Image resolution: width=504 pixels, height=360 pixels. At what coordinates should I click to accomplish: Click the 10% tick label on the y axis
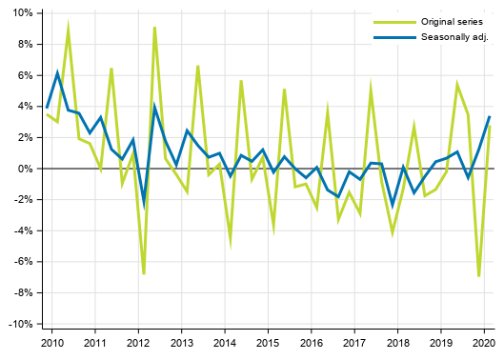23,13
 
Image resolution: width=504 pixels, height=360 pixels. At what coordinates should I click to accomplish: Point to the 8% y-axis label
26,44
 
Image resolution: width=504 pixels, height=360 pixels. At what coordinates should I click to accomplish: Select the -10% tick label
21,324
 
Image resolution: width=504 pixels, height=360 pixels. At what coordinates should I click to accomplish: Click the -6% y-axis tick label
24,262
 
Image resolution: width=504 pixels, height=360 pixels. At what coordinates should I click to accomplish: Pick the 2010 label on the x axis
51,342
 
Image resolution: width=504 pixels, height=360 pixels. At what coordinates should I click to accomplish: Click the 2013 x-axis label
181,342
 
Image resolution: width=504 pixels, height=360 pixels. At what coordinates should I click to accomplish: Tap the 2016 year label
311,342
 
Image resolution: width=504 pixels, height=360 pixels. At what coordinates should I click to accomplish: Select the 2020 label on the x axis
484,342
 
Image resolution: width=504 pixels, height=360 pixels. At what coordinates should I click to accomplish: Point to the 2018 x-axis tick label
397,342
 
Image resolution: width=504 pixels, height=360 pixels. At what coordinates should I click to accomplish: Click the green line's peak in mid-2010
68,27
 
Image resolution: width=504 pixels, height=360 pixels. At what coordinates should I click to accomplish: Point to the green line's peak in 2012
154,28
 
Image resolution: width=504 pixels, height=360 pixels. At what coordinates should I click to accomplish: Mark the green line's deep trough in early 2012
144,273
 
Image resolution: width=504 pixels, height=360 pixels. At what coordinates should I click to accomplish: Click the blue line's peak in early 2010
57,72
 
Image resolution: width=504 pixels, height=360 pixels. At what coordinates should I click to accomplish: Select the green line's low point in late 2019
478,275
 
